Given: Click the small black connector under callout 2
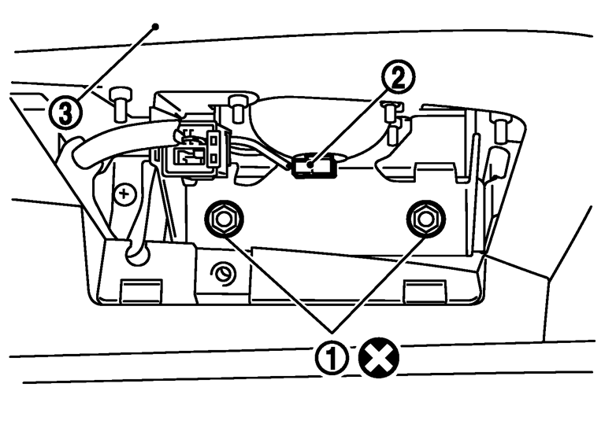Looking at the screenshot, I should (x=310, y=167).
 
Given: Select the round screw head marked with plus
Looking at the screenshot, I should (x=124, y=194).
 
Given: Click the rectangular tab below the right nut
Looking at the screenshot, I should (x=418, y=293).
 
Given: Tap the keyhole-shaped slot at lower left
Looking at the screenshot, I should (x=134, y=249).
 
